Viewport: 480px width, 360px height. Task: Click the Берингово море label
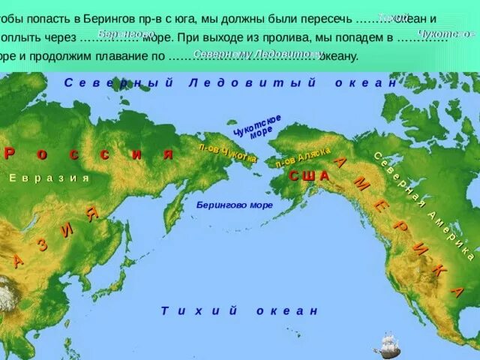(x=235, y=204)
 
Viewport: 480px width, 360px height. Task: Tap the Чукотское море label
(x=257, y=126)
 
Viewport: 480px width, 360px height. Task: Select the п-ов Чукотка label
(x=227, y=153)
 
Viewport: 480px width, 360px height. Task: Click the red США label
(x=309, y=175)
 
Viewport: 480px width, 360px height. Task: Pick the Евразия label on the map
(x=49, y=178)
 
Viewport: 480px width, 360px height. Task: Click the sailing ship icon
(x=387, y=344)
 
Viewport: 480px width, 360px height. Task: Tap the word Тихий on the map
(x=199, y=310)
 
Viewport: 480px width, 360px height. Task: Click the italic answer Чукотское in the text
(x=445, y=34)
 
